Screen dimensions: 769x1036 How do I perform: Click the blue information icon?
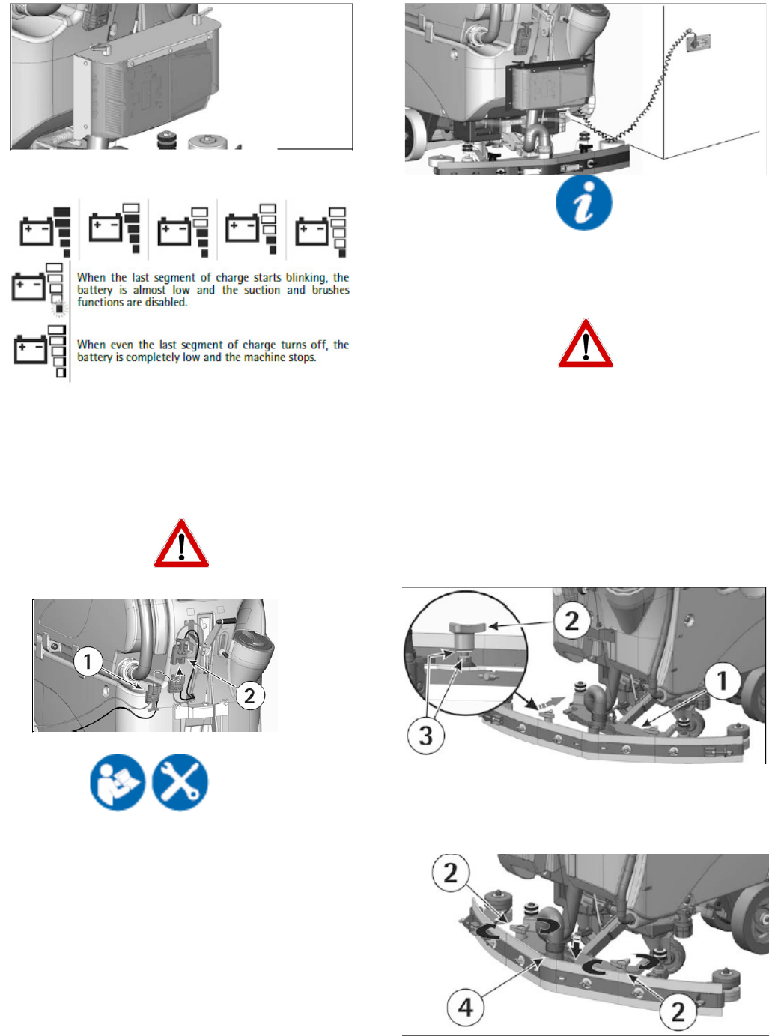pos(584,203)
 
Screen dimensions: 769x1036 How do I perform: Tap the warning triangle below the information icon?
pos(586,345)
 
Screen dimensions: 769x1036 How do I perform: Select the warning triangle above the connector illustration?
pos(181,544)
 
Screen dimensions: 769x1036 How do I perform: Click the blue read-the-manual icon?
pos(118,782)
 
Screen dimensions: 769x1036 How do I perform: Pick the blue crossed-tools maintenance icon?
pos(180,782)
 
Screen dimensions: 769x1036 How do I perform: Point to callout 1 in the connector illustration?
pos(88,661)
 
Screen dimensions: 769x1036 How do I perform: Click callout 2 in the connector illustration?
pos(249,696)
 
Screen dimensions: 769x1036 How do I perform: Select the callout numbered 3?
pos(425,735)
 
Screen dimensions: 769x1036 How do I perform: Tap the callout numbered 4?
pos(465,1008)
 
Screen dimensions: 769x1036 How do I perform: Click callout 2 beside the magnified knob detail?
pos(572,620)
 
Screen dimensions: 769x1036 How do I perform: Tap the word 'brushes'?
pos(331,290)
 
